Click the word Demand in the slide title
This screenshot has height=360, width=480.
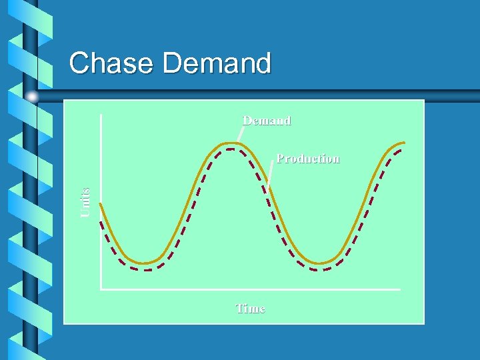217,63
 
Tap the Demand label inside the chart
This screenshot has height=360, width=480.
266,121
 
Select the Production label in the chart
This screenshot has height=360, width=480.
308,159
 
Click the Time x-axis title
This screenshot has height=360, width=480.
250,309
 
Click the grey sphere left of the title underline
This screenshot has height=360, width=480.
32,97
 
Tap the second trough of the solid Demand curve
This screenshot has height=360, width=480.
321,263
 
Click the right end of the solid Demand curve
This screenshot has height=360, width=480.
404,143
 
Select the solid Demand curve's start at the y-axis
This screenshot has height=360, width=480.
101,203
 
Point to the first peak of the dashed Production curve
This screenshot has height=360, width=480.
230,149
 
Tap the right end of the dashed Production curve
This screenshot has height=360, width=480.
403,150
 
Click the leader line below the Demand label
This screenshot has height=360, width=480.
241,134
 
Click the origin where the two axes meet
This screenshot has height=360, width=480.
101,289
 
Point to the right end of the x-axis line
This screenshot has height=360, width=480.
399,289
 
